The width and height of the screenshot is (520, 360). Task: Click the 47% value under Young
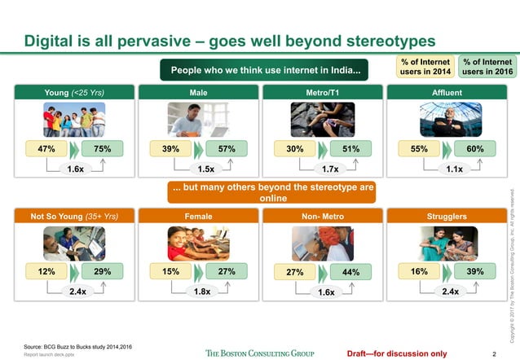[x=47, y=148]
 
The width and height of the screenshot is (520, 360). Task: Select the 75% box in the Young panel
[x=103, y=148]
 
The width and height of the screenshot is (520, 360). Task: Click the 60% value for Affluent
[x=475, y=148]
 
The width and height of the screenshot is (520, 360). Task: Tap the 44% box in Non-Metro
[x=351, y=272]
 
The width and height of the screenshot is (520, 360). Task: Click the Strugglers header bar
[x=447, y=216]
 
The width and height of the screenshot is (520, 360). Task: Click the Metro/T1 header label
[x=320, y=93]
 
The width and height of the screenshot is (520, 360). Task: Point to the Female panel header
[x=197, y=216]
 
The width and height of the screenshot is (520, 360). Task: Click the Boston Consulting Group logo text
[x=259, y=353]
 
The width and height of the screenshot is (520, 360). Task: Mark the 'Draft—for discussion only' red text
[x=396, y=353]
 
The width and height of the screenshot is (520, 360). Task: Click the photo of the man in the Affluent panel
[x=447, y=120]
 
